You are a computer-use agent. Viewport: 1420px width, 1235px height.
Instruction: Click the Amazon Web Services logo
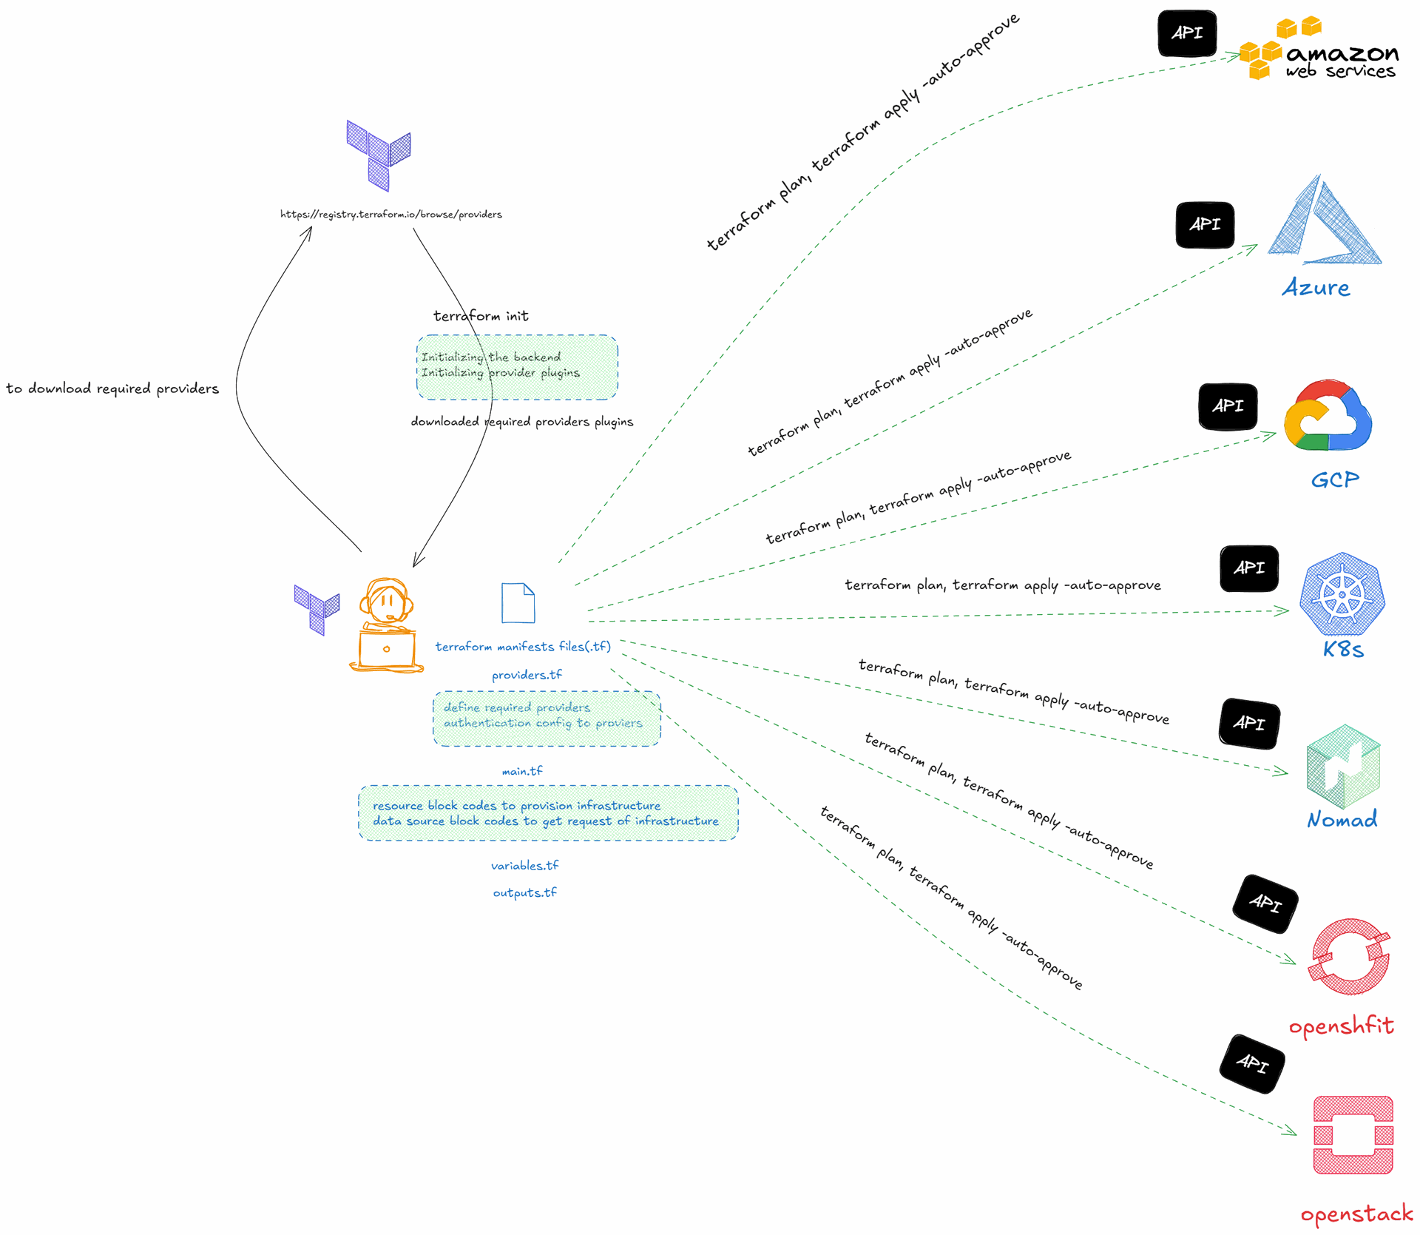click(1319, 49)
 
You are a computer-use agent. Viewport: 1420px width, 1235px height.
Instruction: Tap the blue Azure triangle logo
click(1325, 220)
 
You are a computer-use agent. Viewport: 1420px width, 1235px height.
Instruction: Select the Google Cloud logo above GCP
click(1328, 416)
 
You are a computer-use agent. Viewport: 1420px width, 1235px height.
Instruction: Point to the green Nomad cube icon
click(1343, 767)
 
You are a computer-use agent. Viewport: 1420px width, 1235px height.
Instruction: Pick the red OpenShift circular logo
click(1350, 957)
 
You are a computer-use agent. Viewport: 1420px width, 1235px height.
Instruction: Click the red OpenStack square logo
click(1353, 1135)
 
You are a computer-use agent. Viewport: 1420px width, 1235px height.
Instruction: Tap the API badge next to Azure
click(1205, 224)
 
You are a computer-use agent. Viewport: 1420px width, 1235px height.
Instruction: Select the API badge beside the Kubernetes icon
click(1249, 568)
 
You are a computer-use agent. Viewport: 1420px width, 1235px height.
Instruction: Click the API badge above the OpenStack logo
click(1252, 1064)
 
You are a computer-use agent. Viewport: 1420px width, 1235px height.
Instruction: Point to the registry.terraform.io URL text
click(390, 215)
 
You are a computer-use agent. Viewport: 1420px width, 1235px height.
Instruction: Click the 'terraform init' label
click(481, 316)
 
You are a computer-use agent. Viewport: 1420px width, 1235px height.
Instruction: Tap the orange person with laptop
click(386, 625)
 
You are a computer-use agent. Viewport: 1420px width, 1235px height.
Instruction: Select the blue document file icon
click(518, 603)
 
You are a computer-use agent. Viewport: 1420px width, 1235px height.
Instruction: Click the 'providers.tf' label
click(527, 675)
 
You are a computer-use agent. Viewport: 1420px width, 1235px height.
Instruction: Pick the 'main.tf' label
click(522, 771)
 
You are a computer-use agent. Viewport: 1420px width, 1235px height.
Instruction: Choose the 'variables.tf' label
click(525, 865)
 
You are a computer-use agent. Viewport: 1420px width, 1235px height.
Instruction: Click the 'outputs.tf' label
click(525, 892)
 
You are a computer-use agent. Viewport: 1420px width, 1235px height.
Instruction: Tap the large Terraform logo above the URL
click(379, 155)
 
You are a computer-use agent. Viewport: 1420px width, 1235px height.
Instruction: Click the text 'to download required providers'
click(112, 388)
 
